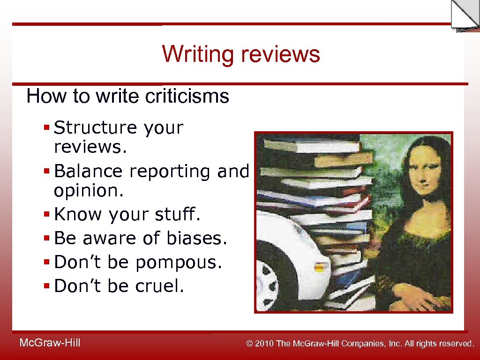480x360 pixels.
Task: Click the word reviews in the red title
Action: pyautogui.click(x=280, y=54)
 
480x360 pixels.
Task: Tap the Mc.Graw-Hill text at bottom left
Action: pyautogui.click(x=50, y=343)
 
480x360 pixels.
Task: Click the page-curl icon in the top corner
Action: pyautogui.click(x=464, y=15)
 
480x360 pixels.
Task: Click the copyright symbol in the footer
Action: pyautogui.click(x=250, y=344)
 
